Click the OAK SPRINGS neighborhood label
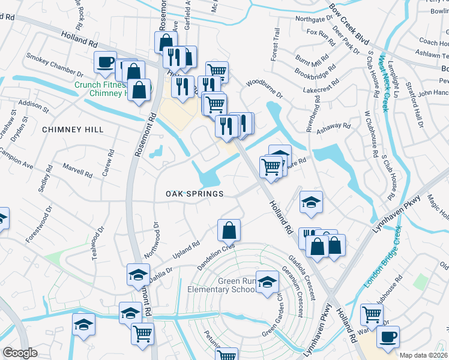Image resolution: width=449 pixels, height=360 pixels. [x=195, y=194]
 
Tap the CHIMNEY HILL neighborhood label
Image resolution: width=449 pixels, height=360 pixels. [x=73, y=130]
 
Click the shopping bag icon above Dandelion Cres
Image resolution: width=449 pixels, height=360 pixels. [x=229, y=229]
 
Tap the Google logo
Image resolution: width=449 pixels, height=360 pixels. [x=19, y=353]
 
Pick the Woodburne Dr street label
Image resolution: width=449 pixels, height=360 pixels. [x=264, y=88]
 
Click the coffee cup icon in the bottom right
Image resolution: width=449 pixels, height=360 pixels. [x=387, y=337]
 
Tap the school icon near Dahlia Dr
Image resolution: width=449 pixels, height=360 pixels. [x=138, y=274]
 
